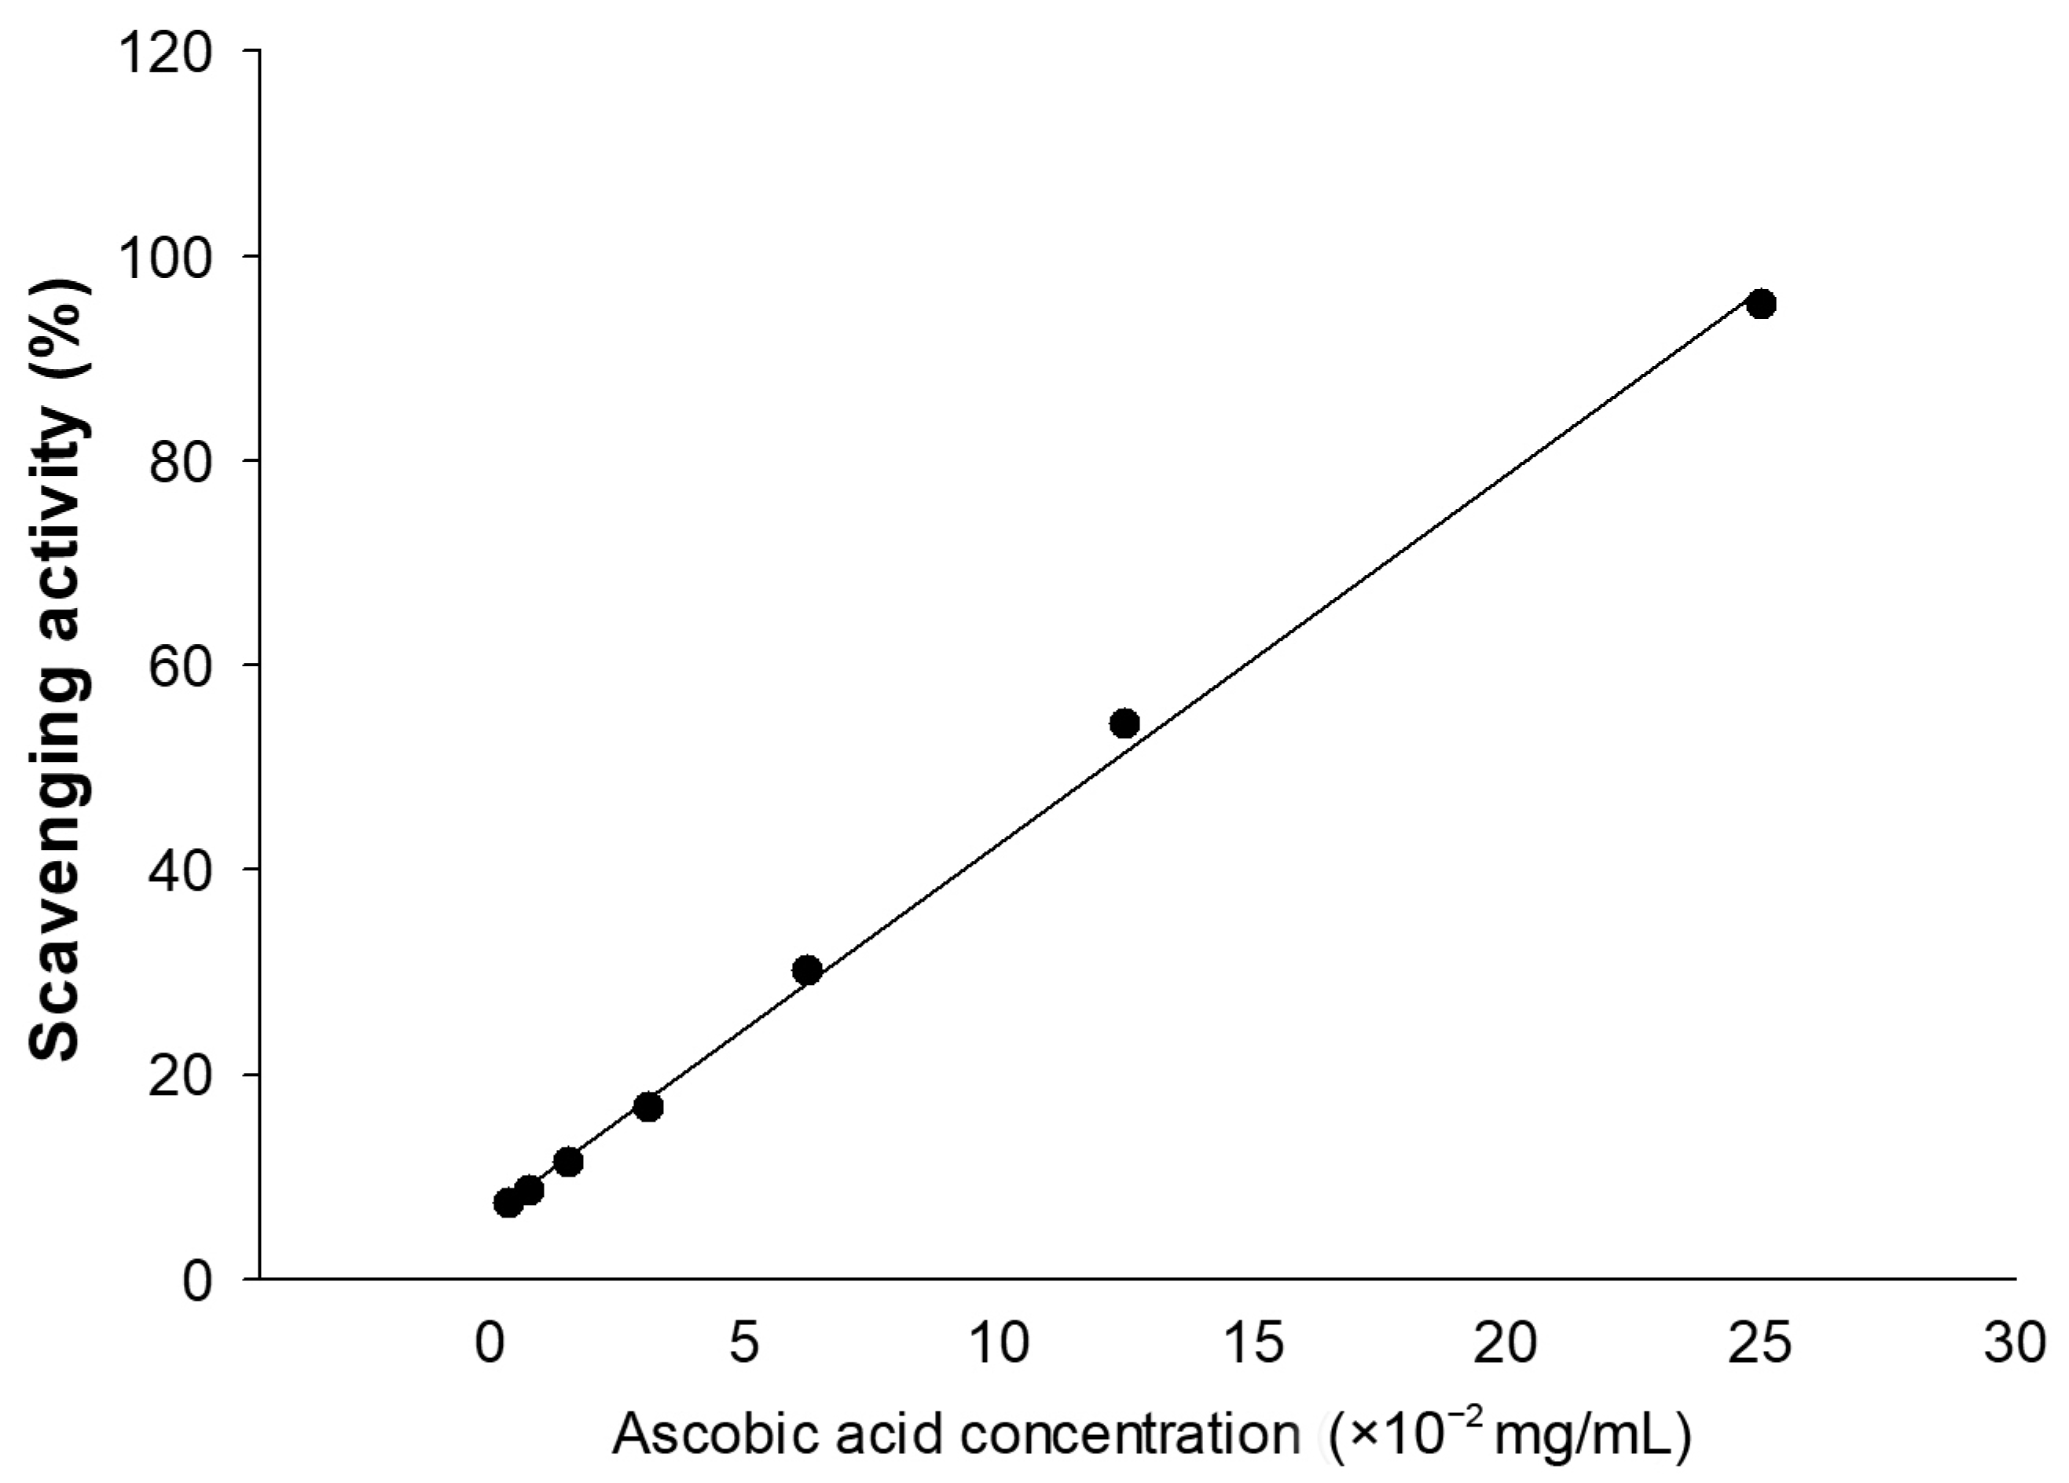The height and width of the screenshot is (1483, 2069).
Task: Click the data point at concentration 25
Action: (x=1761, y=304)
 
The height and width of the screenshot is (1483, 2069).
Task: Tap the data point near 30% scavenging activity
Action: (x=807, y=970)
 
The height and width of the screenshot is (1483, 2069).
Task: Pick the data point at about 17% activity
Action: (x=647, y=1108)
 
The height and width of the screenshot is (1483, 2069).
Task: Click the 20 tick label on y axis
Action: (x=180, y=1075)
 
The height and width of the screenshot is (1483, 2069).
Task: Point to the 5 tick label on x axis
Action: (x=744, y=1342)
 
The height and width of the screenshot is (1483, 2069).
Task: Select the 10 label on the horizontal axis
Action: (x=999, y=1342)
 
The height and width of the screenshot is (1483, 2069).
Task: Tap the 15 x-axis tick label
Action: (x=1253, y=1342)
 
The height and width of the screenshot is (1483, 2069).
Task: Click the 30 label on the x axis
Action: (x=2014, y=1342)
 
